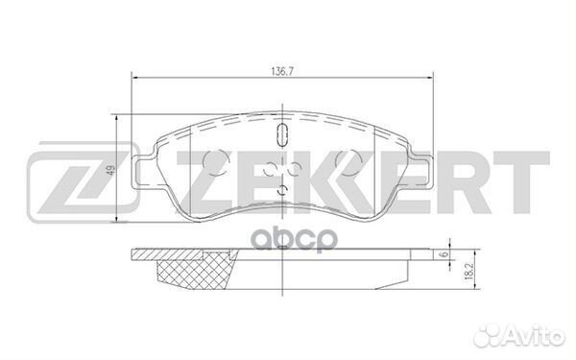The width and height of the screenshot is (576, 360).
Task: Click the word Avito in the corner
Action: click(538, 334)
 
